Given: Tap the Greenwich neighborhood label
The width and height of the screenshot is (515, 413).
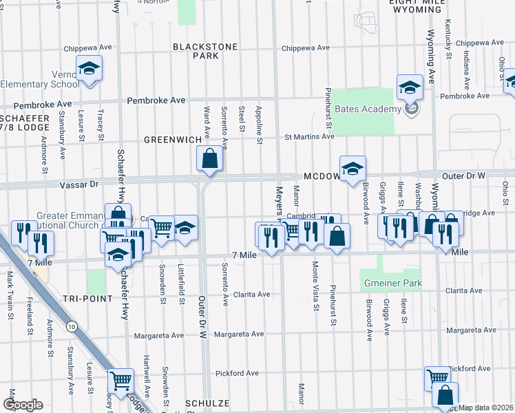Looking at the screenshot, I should (x=172, y=139).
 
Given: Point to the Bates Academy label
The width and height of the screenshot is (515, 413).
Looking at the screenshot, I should (x=368, y=109).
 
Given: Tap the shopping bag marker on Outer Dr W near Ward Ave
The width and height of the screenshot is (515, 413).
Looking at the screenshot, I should (x=210, y=159).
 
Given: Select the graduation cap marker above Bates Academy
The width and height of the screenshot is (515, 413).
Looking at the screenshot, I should (x=410, y=87).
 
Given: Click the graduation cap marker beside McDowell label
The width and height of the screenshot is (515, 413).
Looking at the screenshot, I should (x=353, y=169).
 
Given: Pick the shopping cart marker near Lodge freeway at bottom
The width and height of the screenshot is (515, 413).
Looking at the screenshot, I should (x=121, y=380).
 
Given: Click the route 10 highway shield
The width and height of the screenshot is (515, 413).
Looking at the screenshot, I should (x=72, y=326).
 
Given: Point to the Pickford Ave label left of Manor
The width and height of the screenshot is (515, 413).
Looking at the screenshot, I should (x=236, y=373).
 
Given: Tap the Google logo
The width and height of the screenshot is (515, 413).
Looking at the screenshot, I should (x=23, y=405).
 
